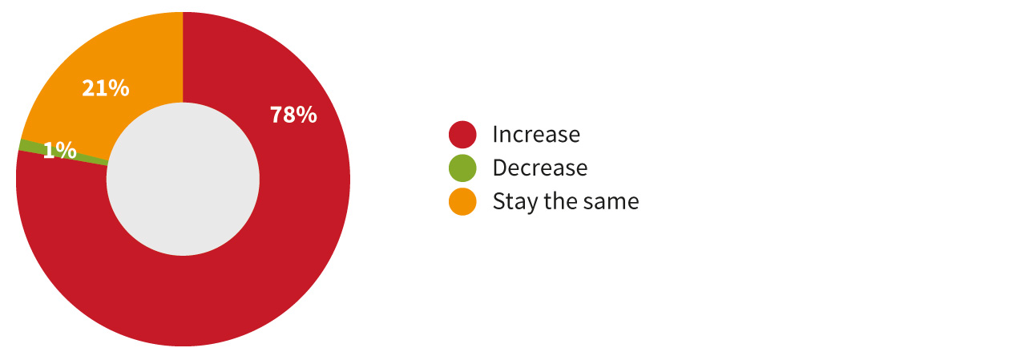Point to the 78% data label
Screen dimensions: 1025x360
pyautogui.click(x=293, y=115)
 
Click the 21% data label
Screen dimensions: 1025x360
pyautogui.click(x=106, y=88)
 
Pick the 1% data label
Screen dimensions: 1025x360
pyautogui.click(x=59, y=150)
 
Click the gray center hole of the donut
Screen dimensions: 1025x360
pyautogui.click(x=183, y=179)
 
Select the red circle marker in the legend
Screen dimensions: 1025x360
pyautogui.click(x=462, y=135)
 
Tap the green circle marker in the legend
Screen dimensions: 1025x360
pyautogui.click(x=462, y=168)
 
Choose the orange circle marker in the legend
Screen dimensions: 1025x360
pyautogui.click(x=462, y=201)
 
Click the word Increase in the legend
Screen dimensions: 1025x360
pyautogui.click(x=536, y=135)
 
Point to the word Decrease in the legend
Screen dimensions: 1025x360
pyautogui.click(x=540, y=168)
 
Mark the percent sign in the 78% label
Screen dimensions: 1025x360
pyautogui.click(x=307, y=115)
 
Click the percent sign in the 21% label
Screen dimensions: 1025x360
pyautogui.click(x=119, y=88)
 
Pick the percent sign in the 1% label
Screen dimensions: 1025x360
pyautogui.click(x=66, y=150)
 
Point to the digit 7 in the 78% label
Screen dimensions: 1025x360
pyautogui.click(x=276, y=115)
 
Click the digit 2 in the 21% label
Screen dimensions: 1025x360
pyautogui.click(x=88, y=88)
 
